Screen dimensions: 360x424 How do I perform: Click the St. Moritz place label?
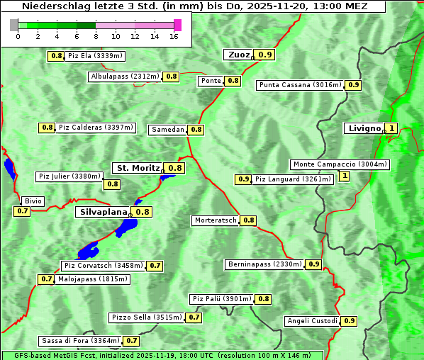click(138, 168)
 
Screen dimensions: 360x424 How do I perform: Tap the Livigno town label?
click(363, 128)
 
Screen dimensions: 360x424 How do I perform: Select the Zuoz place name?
click(238, 55)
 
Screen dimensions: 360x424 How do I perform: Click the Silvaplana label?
click(104, 212)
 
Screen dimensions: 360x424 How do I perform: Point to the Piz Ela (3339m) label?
click(96, 55)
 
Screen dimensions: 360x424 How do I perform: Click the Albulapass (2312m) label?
click(125, 77)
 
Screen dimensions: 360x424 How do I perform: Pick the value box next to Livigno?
click(391, 128)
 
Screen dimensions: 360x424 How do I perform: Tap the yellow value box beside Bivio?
click(22, 211)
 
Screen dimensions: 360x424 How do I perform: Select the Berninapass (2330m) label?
click(265, 264)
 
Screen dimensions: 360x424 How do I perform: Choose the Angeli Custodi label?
click(312, 321)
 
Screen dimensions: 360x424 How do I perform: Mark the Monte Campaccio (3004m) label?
click(340, 164)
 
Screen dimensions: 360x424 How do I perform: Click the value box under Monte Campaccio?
click(345, 176)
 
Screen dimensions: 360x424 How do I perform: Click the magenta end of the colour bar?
click(177, 26)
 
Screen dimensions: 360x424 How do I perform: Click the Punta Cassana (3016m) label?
click(300, 85)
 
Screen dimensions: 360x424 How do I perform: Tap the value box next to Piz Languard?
click(243, 179)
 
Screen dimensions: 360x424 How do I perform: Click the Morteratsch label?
click(215, 220)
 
